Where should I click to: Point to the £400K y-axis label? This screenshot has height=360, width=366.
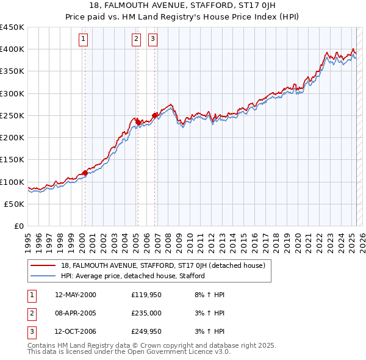pos(12,49)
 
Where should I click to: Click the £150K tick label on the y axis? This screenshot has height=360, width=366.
pos(12,160)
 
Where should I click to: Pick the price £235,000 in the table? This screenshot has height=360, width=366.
pos(146,314)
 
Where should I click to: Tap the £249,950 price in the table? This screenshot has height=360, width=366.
pos(146,332)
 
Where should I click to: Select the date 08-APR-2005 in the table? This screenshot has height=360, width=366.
pos(76,314)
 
